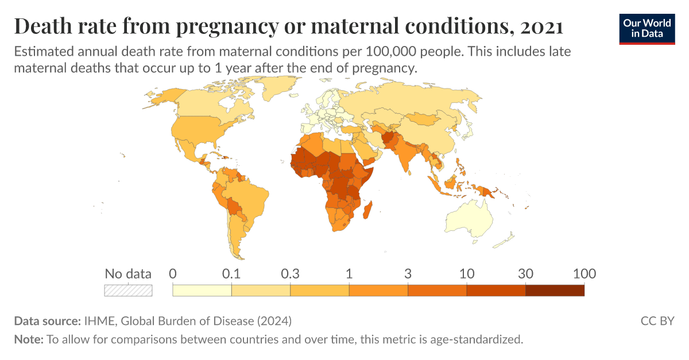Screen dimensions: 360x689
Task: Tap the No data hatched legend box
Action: coord(128,291)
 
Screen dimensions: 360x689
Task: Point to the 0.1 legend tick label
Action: coord(231,274)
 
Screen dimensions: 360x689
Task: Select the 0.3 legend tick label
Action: coord(291,274)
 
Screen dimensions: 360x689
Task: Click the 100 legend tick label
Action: coord(584,274)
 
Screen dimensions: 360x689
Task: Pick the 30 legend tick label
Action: coord(525,274)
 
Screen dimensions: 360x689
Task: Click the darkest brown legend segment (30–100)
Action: coord(555,291)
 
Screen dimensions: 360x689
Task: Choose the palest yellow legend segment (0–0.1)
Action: coord(202,291)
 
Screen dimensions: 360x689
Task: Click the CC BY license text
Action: coord(657,320)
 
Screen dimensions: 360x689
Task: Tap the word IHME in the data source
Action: coord(98,320)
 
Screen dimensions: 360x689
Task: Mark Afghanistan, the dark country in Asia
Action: coord(390,138)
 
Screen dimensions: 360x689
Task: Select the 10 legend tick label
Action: coord(467,274)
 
